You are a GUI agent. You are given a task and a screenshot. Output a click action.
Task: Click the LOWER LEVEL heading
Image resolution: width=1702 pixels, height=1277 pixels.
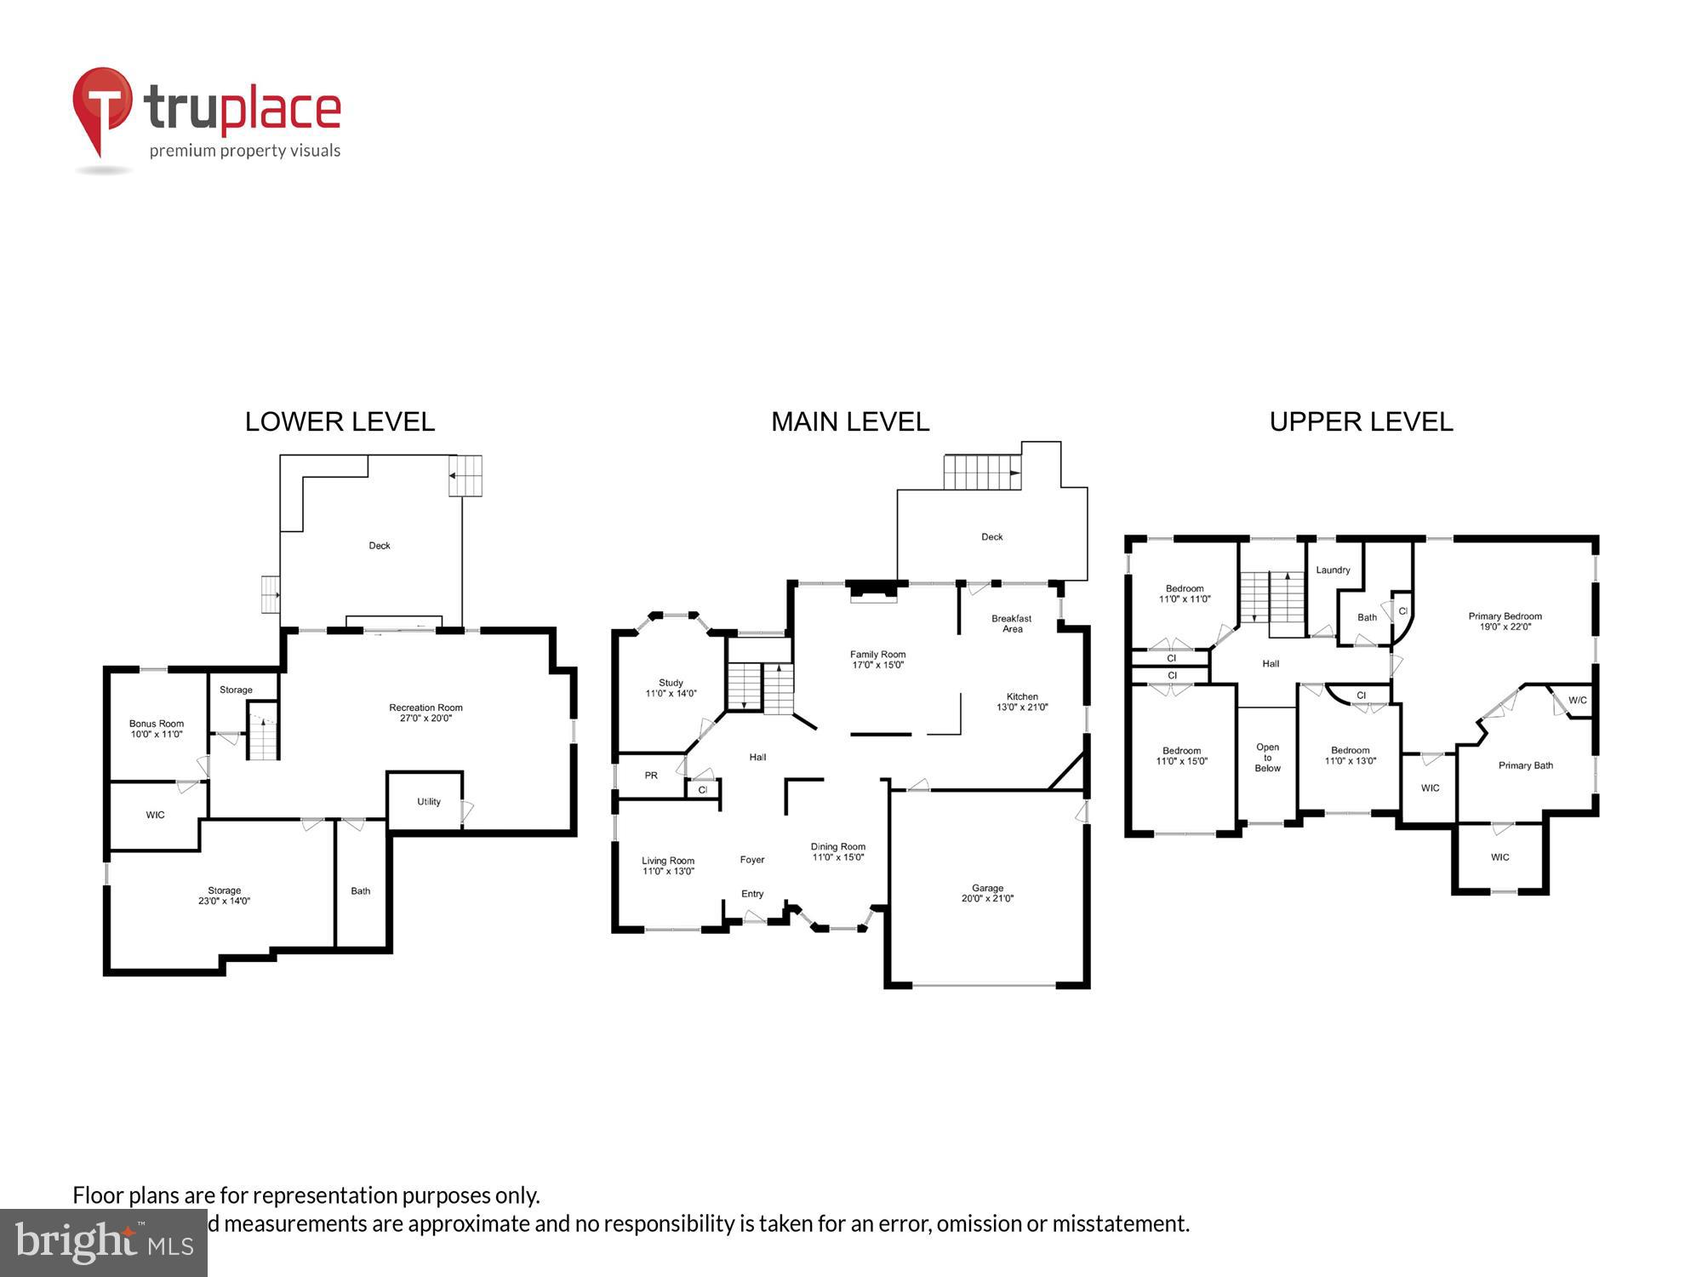340,422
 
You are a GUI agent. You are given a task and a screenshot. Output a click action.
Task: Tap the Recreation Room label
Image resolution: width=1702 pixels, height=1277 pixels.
425,707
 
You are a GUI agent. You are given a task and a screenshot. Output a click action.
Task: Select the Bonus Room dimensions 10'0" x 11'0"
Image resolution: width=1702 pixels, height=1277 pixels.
157,735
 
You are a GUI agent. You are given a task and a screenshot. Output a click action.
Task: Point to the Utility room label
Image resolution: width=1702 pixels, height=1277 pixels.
429,801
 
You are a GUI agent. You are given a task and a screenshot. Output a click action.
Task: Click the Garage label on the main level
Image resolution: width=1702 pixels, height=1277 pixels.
987,888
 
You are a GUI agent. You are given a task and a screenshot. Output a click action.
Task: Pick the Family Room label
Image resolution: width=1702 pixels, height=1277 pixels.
877,655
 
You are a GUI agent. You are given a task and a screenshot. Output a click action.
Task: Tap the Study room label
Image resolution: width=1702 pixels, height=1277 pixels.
671,683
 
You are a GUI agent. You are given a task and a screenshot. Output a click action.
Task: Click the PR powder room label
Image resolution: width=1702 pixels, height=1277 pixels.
651,776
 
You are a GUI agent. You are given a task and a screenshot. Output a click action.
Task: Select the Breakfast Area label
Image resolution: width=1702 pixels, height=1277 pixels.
1012,624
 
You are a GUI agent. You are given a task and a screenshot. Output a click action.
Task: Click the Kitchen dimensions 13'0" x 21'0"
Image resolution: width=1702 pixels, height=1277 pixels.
1022,707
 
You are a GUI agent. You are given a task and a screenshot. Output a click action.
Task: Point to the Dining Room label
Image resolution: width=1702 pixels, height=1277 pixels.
837,847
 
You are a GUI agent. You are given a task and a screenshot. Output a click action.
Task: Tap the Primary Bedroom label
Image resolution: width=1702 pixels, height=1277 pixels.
1505,616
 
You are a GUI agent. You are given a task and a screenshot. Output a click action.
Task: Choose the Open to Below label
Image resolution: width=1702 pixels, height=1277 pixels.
1267,758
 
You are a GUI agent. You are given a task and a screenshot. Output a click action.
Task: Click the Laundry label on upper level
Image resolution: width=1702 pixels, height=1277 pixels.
1333,570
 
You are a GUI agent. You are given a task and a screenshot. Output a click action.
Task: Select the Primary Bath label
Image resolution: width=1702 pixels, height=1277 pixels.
1525,765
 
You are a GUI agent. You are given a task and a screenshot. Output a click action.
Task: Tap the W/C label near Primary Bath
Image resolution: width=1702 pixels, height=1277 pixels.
1577,701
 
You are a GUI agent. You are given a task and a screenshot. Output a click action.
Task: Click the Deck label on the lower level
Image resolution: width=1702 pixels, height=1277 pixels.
380,546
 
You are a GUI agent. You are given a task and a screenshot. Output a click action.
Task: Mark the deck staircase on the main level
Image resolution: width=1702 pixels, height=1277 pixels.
981,472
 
